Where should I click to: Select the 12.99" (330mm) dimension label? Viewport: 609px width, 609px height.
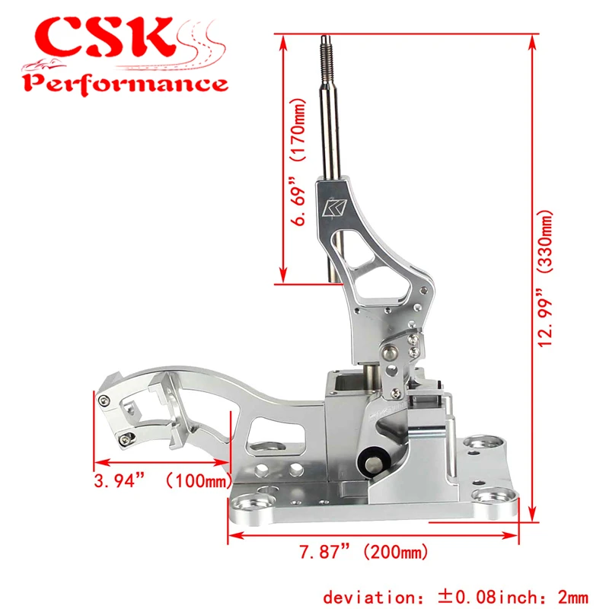[547, 278]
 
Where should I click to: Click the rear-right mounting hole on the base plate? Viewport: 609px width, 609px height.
[478, 443]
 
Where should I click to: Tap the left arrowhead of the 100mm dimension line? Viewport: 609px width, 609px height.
[97, 461]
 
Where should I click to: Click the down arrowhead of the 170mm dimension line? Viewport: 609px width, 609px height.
[283, 279]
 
